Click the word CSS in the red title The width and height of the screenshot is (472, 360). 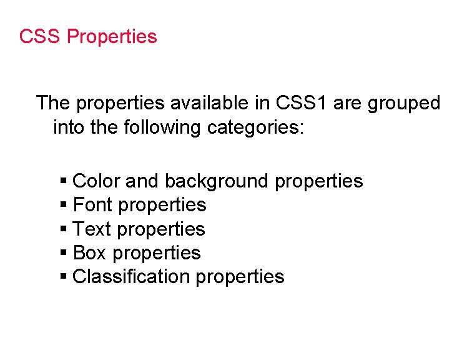pos(40,37)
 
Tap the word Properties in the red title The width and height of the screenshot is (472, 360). pos(112,37)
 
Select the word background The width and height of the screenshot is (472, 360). pos(216,181)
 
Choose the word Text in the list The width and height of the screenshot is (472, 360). pos(92,229)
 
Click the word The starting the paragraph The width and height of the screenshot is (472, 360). pos(54,103)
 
